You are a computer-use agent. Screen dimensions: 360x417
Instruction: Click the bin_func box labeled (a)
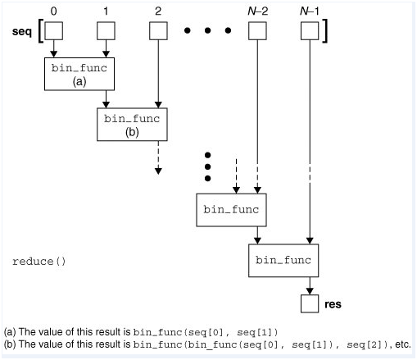point(79,74)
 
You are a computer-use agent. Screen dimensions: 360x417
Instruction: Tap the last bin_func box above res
point(282,260)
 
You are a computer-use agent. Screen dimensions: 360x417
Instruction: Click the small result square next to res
point(309,303)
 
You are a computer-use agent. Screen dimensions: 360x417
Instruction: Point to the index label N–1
point(309,11)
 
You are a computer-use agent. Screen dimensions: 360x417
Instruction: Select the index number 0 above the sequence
point(53,11)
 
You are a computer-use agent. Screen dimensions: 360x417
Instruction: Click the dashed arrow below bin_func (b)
point(157,159)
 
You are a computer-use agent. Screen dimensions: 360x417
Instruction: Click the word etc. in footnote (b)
point(402,344)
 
